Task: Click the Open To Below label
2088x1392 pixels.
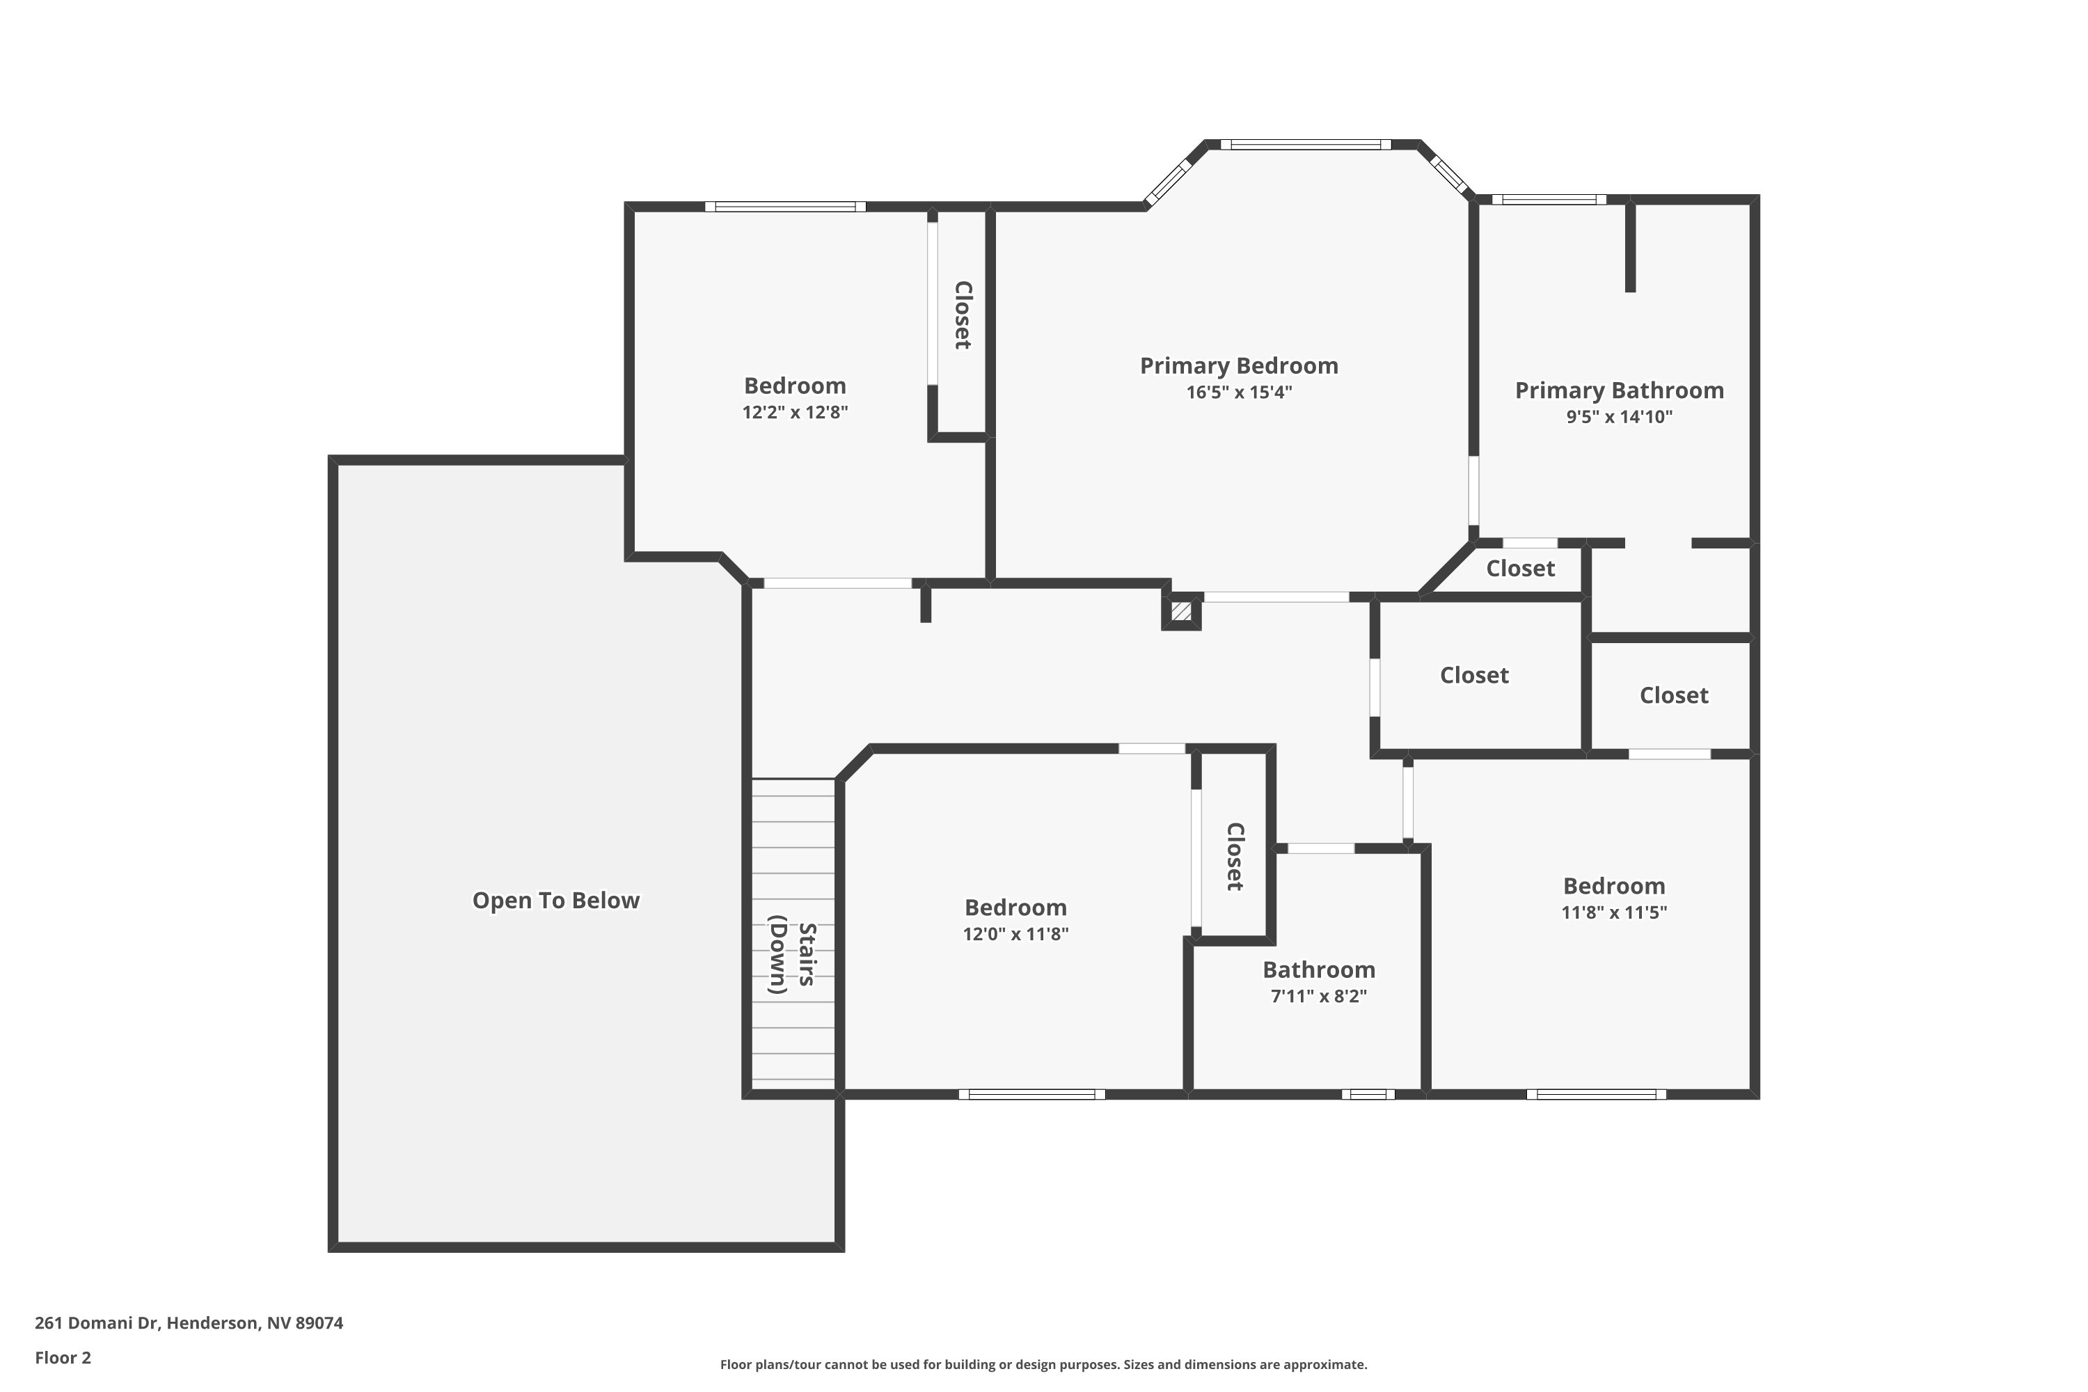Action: tap(555, 900)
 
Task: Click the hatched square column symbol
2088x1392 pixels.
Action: tap(1180, 612)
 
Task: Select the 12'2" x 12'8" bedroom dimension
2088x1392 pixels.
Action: tap(795, 412)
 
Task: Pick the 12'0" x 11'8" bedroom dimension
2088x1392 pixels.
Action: tap(1015, 934)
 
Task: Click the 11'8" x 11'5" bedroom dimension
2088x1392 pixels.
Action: tap(1613, 912)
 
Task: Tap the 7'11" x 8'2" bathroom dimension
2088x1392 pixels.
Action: tap(1318, 996)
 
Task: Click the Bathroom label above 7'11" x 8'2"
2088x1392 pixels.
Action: tap(1318, 970)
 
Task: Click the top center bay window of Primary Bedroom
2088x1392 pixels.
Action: tap(1305, 145)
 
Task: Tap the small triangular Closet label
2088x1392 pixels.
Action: tap(1520, 568)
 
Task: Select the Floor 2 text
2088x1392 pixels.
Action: tap(63, 1357)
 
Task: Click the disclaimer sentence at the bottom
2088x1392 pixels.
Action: tap(1043, 1364)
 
